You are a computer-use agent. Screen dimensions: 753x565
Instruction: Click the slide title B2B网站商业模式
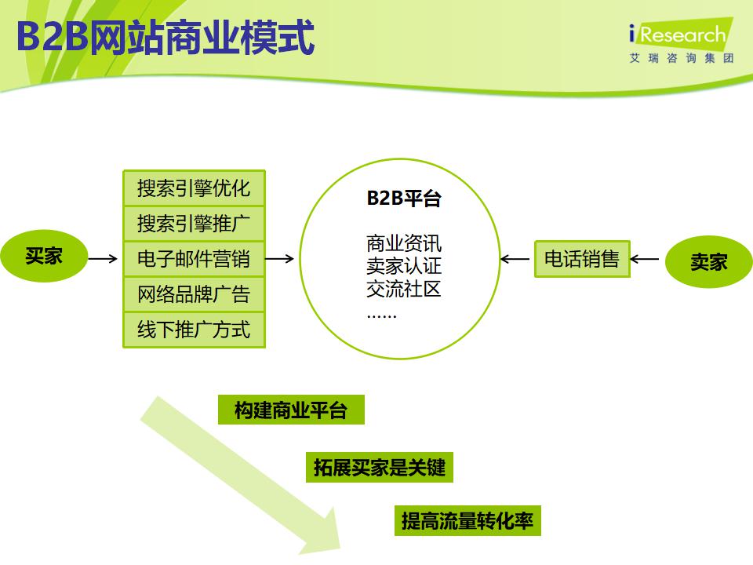pyautogui.click(x=166, y=37)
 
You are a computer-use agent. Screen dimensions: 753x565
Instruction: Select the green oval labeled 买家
pyautogui.click(x=44, y=256)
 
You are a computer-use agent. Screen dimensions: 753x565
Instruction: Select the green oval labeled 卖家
pyautogui.click(x=708, y=261)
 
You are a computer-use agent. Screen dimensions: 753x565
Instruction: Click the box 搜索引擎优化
pyautogui.click(x=194, y=188)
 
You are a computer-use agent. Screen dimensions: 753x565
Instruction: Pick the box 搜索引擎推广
pyautogui.click(x=194, y=224)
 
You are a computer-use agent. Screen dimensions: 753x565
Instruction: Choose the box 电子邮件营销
pyautogui.click(x=194, y=258)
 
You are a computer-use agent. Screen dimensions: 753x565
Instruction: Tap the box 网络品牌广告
pyautogui.click(x=194, y=294)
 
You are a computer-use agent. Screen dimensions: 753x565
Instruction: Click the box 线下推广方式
pyautogui.click(x=194, y=330)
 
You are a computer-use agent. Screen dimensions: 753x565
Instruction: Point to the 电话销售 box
pyautogui.click(x=582, y=259)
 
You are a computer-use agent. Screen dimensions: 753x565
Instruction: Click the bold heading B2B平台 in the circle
pyautogui.click(x=404, y=199)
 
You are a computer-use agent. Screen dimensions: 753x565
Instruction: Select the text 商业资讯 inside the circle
pyautogui.click(x=404, y=242)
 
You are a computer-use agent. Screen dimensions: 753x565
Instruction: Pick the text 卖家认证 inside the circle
pyautogui.click(x=404, y=265)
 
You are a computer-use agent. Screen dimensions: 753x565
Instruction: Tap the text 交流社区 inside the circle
pyautogui.click(x=404, y=289)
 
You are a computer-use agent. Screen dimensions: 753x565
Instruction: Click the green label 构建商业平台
pyautogui.click(x=291, y=410)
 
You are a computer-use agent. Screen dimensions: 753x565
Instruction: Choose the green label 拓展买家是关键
pyautogui.click(x=379, y=468)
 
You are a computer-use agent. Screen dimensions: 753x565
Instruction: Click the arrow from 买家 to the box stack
pyautogui.click(x=103, y=258)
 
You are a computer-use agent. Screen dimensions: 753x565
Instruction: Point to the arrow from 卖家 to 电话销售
pyautogui.click(x=645, y=259)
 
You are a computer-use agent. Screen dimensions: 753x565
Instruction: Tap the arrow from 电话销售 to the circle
pyautogui.click(x=516, y=259)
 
